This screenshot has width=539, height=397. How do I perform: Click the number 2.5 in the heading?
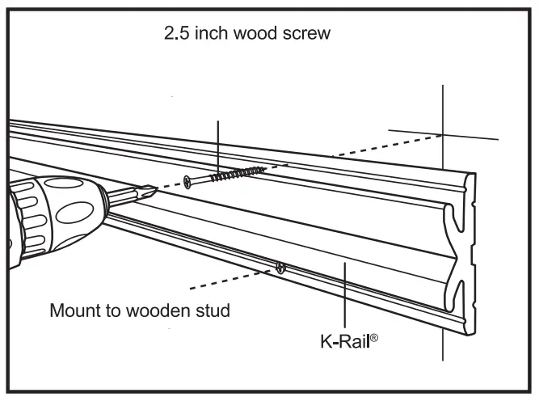click(175, 36)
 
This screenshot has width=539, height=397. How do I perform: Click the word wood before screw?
click(262, 36)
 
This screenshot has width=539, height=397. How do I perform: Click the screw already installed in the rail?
click(280, 268)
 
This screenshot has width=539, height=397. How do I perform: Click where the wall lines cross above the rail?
click(442, 134)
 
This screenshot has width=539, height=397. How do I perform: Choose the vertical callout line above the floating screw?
click(218, 141)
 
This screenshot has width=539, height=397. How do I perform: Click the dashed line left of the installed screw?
click(230, 278)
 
